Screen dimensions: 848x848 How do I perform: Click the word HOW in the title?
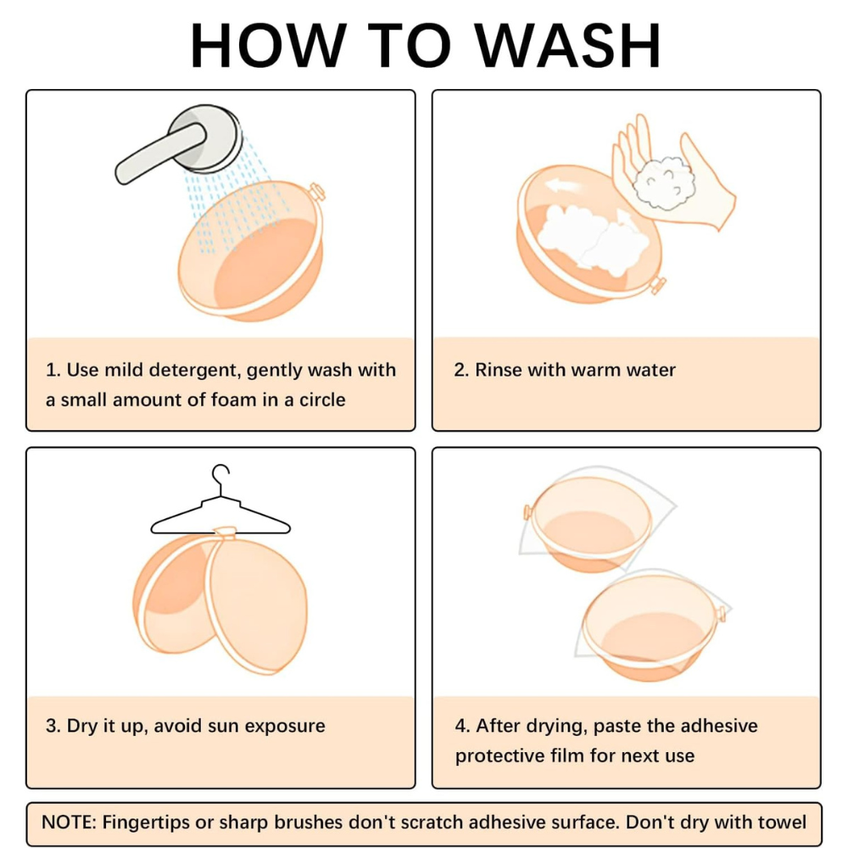point(268,46)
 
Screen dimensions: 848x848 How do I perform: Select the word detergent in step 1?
point(193,371)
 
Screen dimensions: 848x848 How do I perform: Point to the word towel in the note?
point(782,822)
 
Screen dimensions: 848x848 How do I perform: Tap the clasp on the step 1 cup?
point(316,192)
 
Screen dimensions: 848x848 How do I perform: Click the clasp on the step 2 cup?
point(658,284)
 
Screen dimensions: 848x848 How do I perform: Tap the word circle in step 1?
point(322,399)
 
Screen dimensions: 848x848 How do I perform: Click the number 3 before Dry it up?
point(53,726)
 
